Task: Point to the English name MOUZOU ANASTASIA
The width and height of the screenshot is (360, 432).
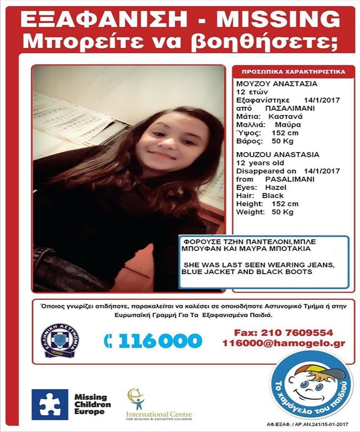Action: click(278, 154)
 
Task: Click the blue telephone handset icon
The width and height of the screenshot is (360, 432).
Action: click(108, 341)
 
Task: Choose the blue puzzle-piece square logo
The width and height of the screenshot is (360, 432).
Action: click(50, 404)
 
